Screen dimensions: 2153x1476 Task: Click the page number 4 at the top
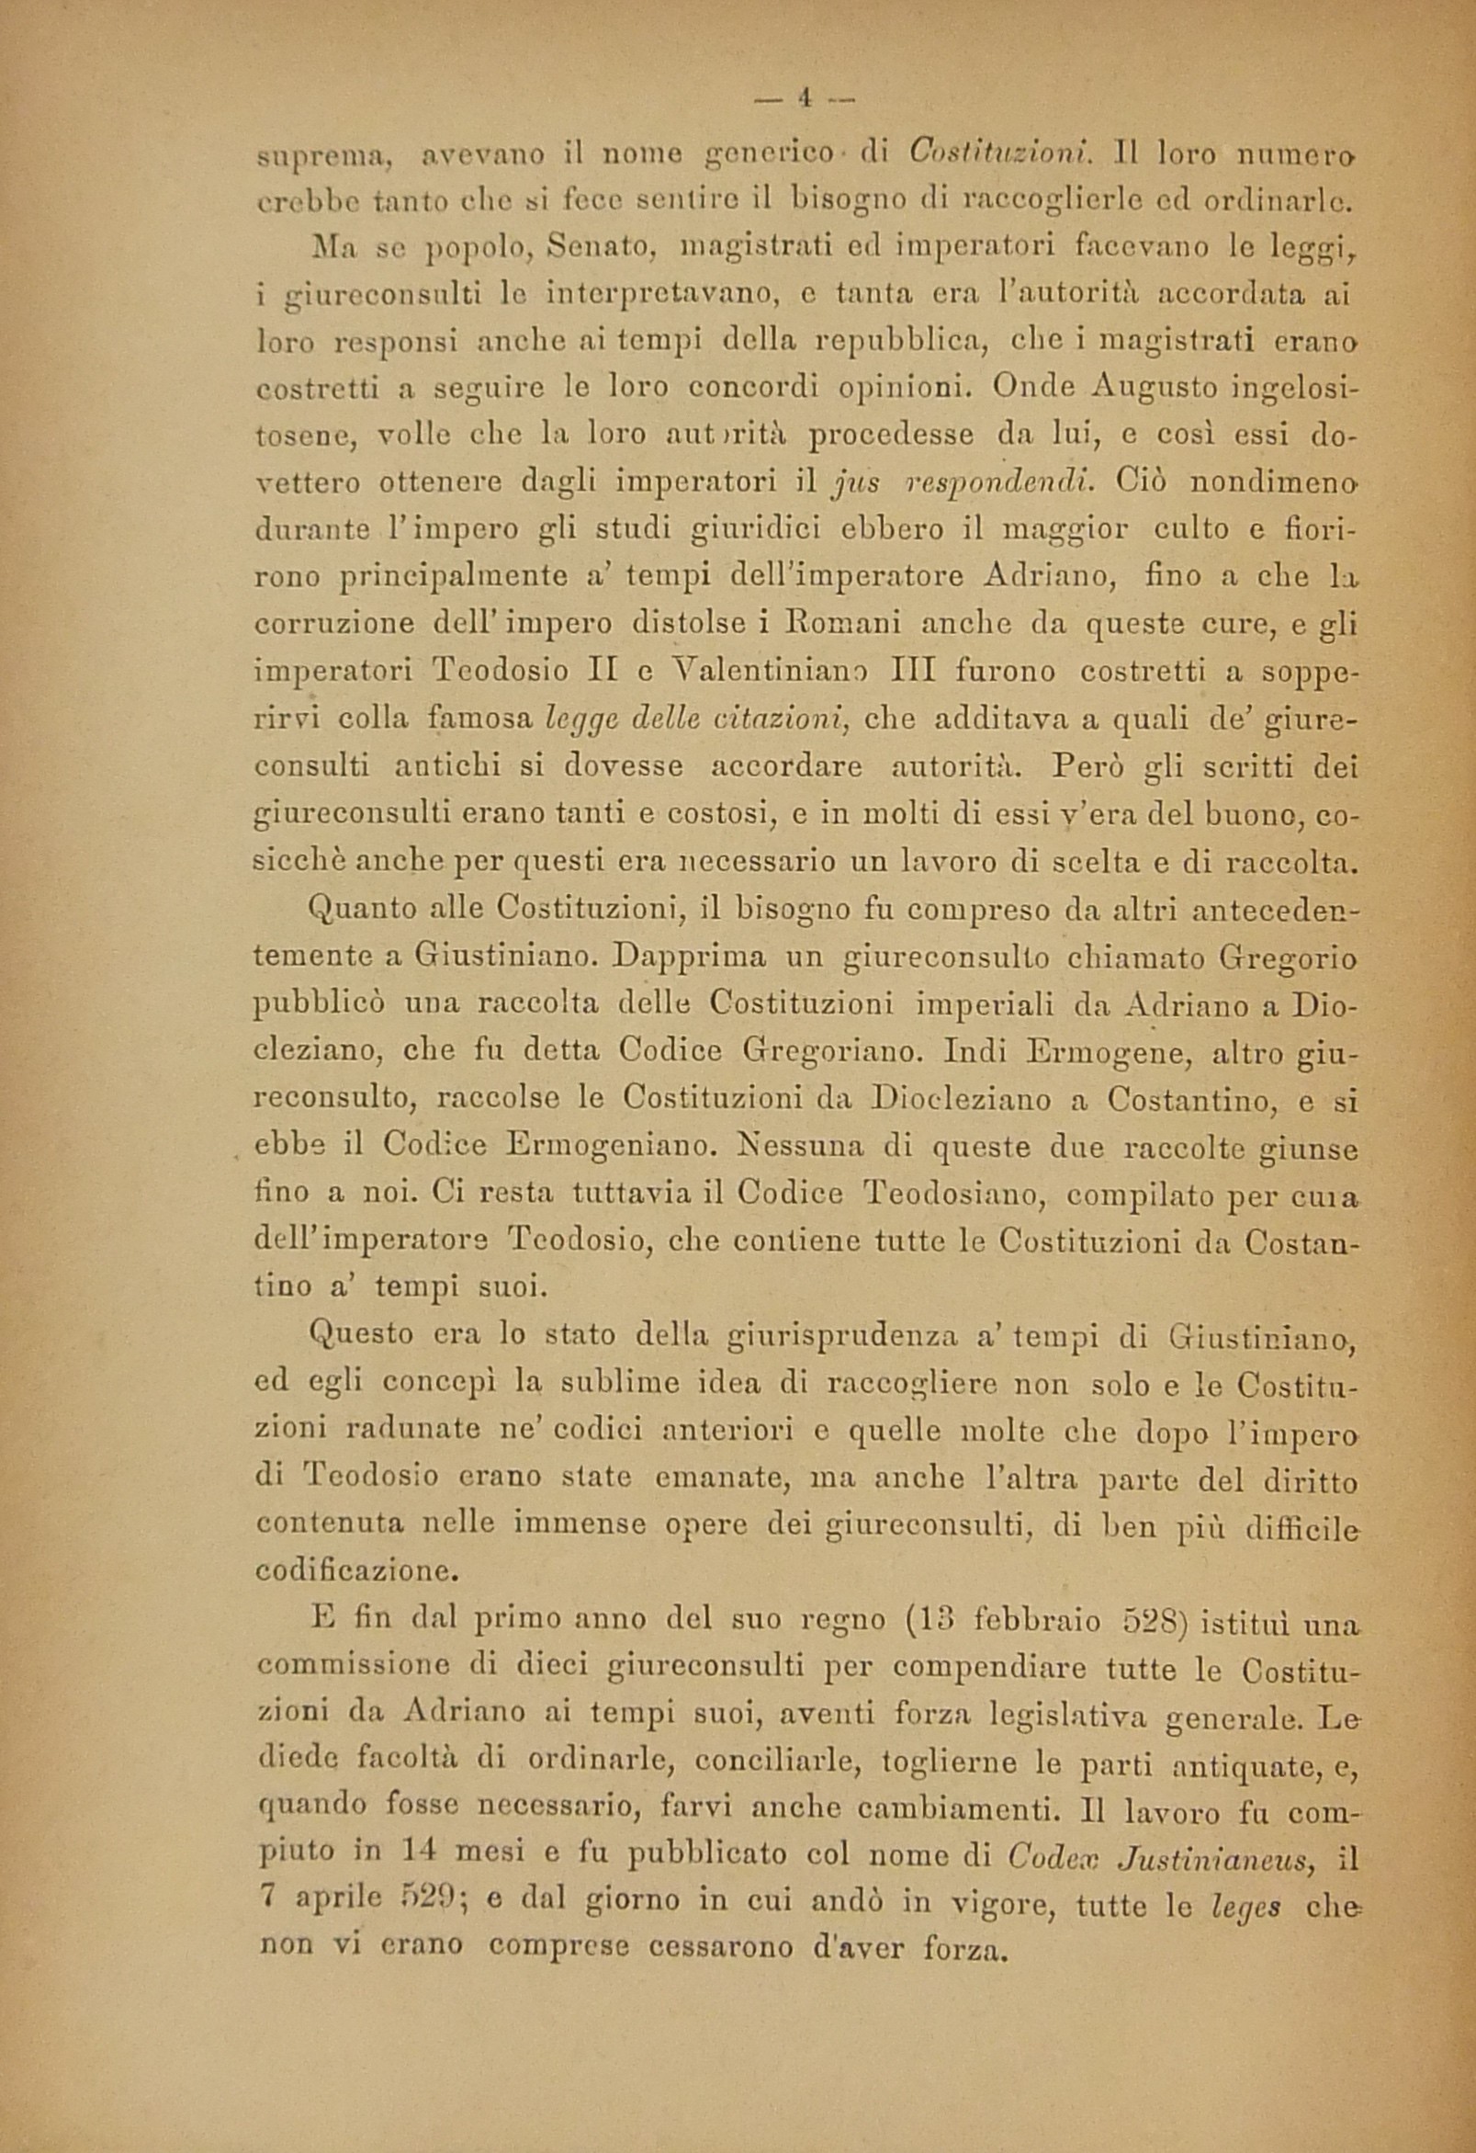[805, 98]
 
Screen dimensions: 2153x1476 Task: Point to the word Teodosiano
[953, 1195]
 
